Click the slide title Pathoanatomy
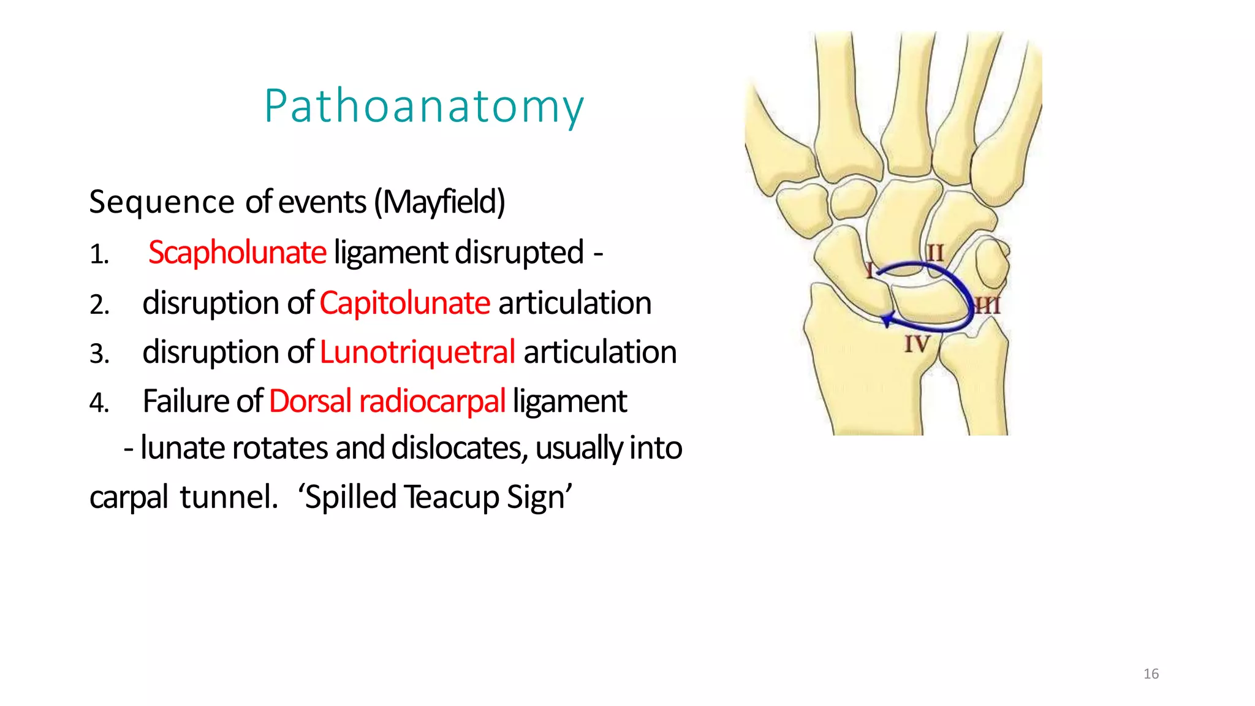[x=424, y=107]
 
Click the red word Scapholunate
[x=237, y=252]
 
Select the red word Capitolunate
[x=404, y=303]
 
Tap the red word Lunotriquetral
[x=417, y=352]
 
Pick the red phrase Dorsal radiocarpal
[x=387, y=401]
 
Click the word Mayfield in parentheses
[x=440, y=202]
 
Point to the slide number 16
[x=1151, y=674]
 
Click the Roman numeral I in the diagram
[x=869, y=270]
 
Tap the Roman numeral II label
[x=935, y=252]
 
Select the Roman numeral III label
[x=987, y=305]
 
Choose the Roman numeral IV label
[x=917, y=344]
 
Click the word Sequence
[x=162, y=202]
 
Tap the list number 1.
[x=99, y=254]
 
